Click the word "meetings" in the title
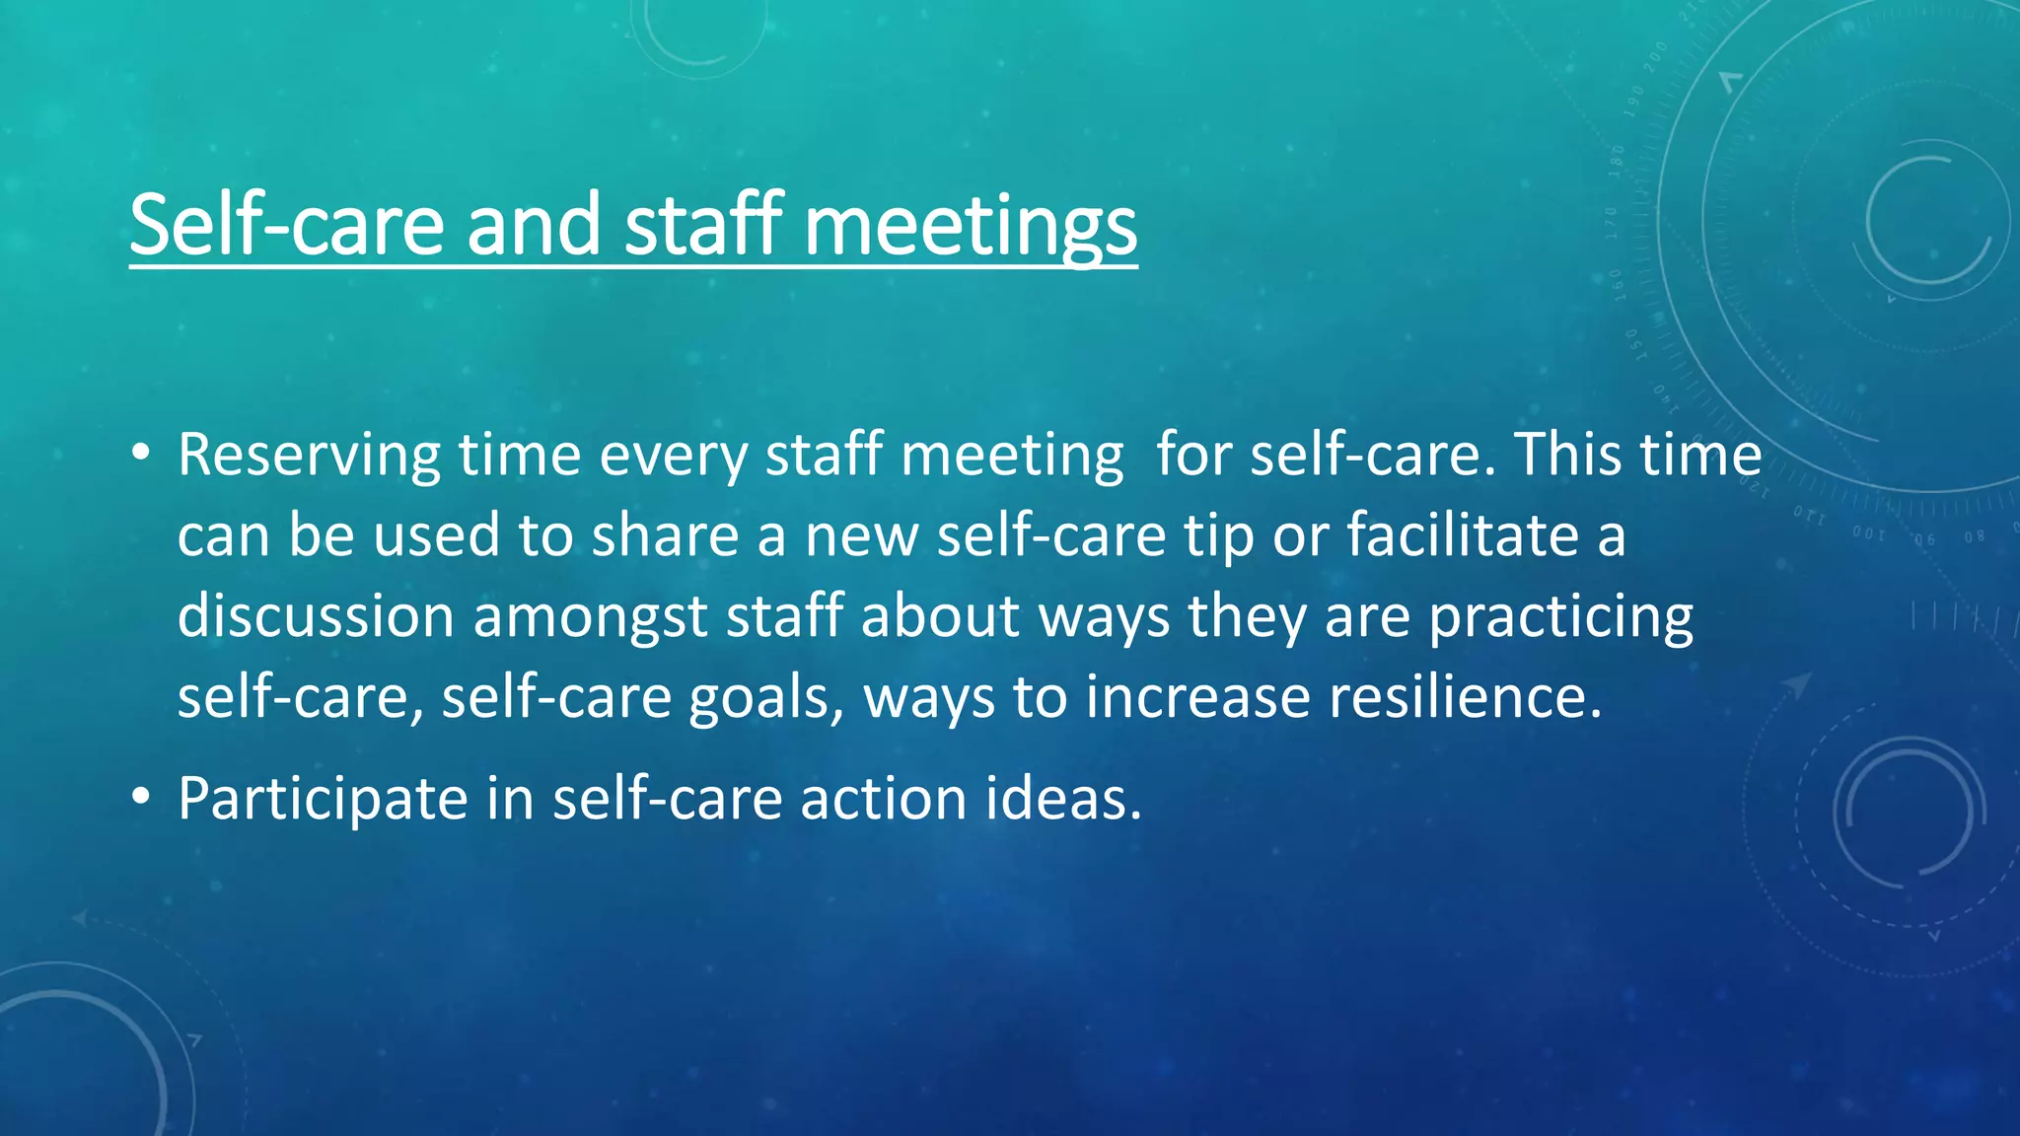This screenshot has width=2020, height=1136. coord(971,226)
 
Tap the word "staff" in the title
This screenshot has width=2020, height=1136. coord(704,224)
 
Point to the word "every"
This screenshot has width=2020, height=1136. coord(673,456)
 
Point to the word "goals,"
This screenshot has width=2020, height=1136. coord(766,698)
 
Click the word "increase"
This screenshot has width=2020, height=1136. coord(1197,696)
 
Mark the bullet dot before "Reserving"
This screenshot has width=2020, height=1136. coord(141,455)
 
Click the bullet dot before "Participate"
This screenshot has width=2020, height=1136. coord(141,797)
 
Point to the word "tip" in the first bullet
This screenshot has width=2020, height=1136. coord(1219,536)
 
